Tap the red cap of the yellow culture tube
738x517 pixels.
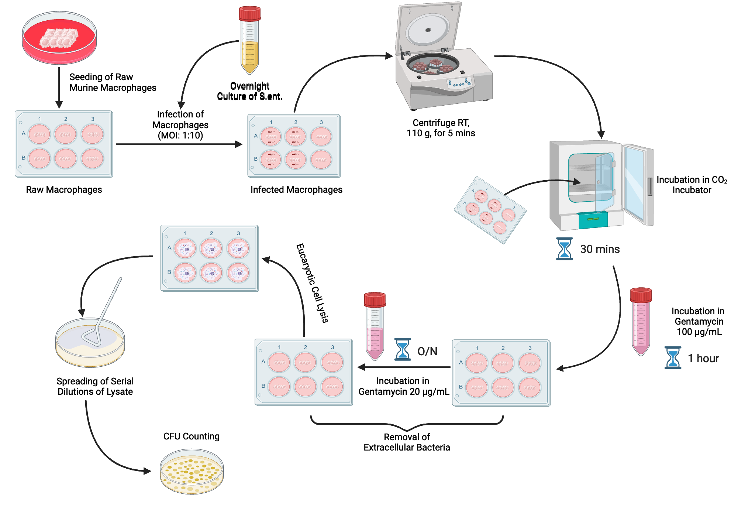pos(249,13)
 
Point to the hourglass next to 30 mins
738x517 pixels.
pos(564,249)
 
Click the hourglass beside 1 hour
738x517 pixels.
pos(673,357)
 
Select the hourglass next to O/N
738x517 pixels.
pos(403,349)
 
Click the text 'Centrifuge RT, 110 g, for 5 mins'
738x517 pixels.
pos(441,128)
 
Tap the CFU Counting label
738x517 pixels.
pos(191,436)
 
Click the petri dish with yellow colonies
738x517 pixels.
pos(192,472)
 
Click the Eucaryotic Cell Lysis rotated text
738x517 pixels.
pos(312,283)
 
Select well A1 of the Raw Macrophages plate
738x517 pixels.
pos(39,134)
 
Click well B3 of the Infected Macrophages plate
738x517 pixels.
pos(321,160)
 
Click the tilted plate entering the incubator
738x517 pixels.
pos(490,210)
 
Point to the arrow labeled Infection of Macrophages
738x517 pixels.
pos(179,144)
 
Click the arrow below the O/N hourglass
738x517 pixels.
pos(404,367)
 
